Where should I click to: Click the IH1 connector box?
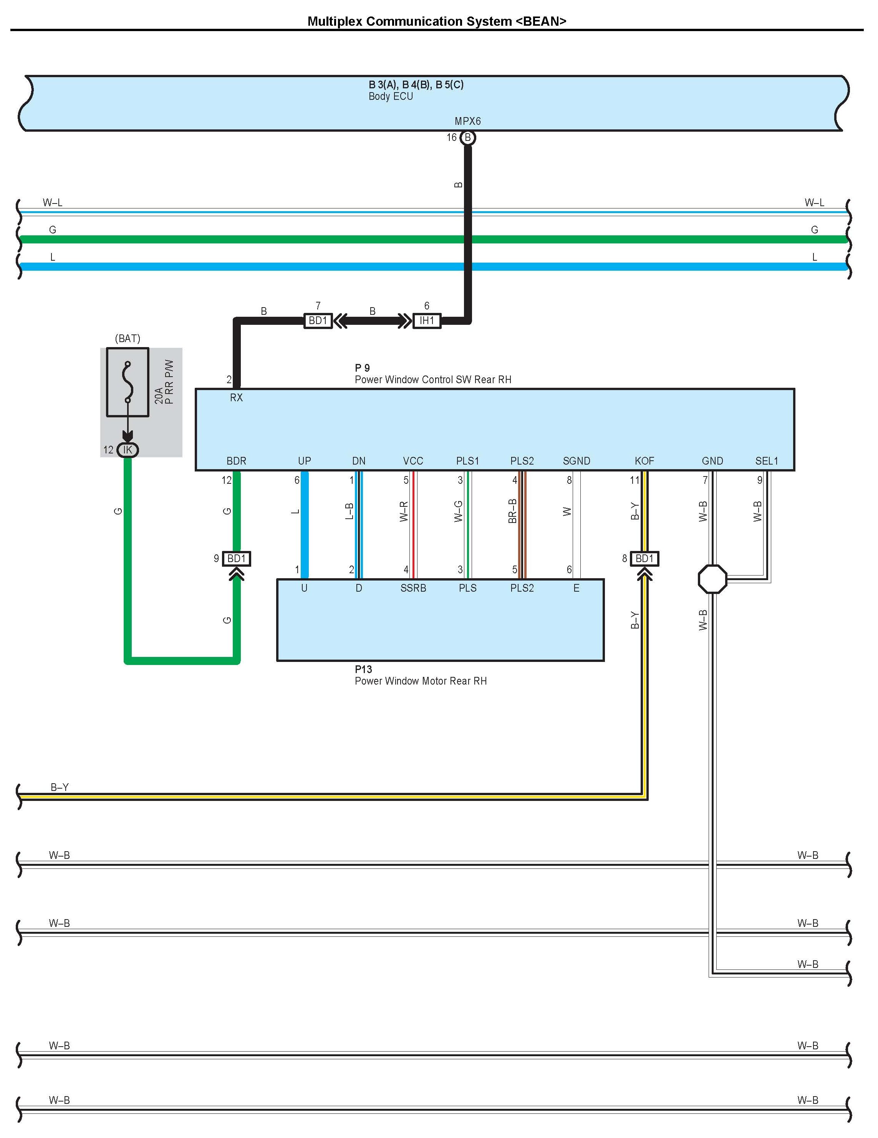click(x=426, y=321)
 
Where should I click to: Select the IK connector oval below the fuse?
click(x=127, y=450)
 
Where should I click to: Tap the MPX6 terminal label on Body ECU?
click(x=468, y=121)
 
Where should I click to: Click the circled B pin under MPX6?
click(x=468, y=137)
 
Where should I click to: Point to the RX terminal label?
click(x=236, y=398)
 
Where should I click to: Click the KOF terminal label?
click(x=644, y=461)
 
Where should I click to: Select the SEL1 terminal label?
click(x=766, y=461)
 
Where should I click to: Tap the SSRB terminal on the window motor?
click(x=413, y=588)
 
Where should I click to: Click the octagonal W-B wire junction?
click(x=712, y=579)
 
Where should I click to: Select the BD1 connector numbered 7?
click(x=318, y=321)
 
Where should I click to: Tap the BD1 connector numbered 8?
click(x=644, y=559)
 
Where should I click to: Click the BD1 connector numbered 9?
click(x=236, y=559)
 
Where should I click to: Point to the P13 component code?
click(x=363, y=669)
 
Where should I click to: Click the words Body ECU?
click(x=391, y=96)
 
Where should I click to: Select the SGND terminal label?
click(x=576, y=461)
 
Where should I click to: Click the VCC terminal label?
click(x=413, y=461)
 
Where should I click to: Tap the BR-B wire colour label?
click(x=512, y=511)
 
